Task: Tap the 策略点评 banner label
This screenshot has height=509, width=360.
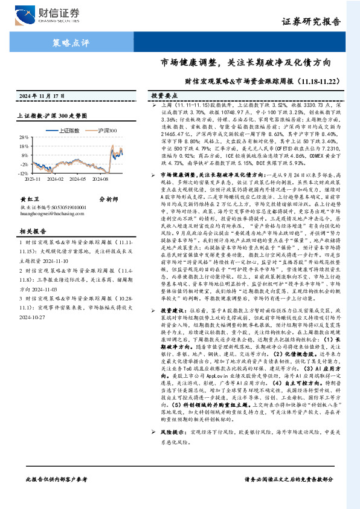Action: pos(71,42)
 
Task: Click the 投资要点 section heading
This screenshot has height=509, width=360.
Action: pos(164,96)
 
